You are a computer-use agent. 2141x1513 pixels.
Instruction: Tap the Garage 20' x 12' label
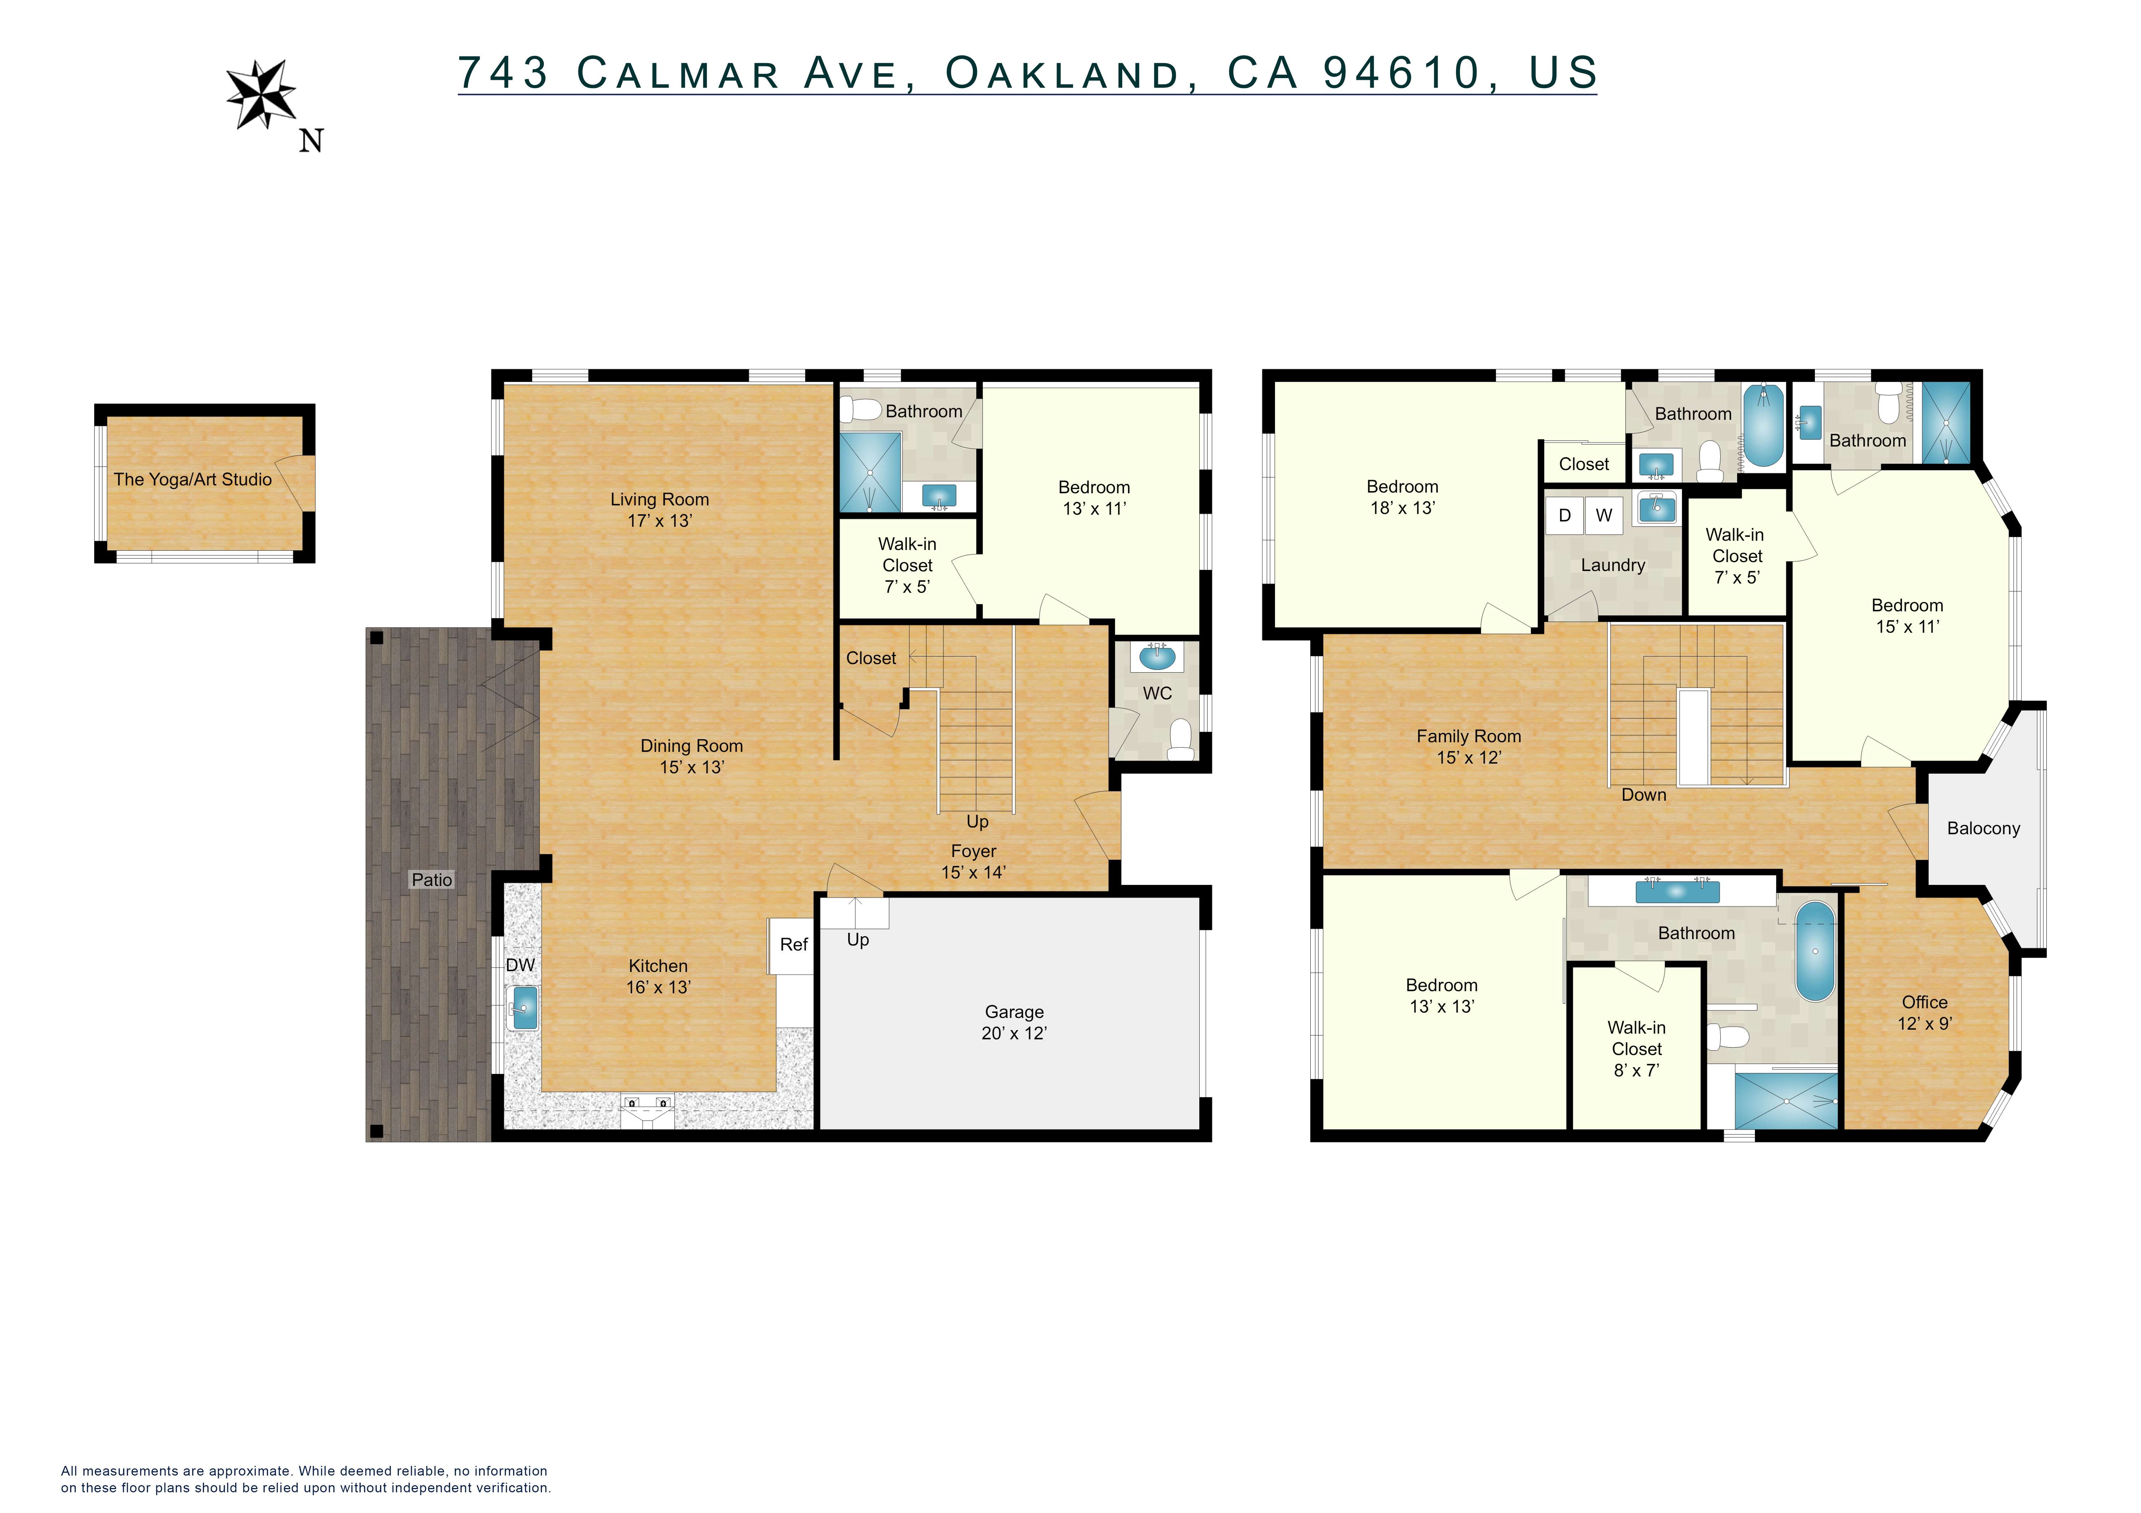[x=1014, y=1022]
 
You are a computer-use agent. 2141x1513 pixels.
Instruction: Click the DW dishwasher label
[x=520, y=965]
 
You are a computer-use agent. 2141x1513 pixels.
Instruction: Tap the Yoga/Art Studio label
[x=193, y=479]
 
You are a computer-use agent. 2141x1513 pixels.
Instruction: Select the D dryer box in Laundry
[x=1565, y=515]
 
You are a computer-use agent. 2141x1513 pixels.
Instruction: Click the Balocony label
[x=1983, y=828]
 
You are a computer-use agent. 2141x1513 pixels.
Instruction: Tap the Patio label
[x=432, y=879]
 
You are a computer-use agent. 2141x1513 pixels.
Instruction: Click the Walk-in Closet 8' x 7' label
[x=1636, y=1049]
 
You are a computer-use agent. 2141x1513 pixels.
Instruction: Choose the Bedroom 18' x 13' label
[x=1402, y=497]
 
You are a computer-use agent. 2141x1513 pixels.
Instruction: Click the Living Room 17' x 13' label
[x=659, y=509]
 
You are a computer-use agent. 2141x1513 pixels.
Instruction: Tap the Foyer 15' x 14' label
[x=973, y=861]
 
